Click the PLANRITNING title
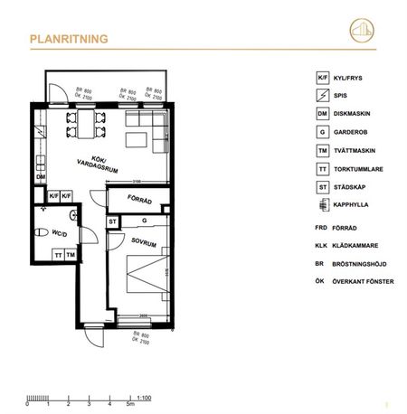click(x=70, y=39)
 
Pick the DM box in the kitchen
click(x=41, y=177)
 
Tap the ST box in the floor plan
click(x=113, y=221)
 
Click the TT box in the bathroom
click(x=57, y=256)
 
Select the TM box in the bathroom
click(x=70, y=256)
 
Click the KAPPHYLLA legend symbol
click(x=323, y=207)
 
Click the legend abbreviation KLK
click(x=321, y=244)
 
